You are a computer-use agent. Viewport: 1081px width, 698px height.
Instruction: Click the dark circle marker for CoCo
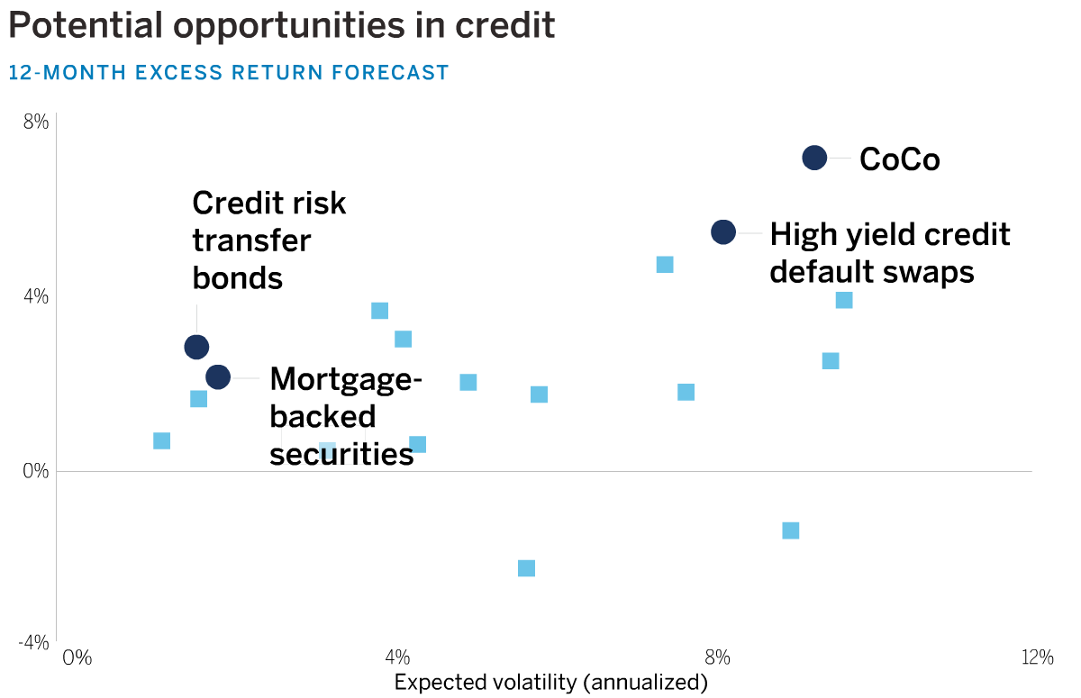pyautogui.click(x=814, y=158)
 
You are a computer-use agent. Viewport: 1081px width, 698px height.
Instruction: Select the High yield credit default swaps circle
pyautogui.click(x=722, y=232)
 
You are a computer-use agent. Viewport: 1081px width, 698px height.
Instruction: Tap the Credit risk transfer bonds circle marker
pyautogui.click(x=196, y=347)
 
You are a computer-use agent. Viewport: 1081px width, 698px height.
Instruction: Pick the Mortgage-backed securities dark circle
pyautogui.click(x=218, y=376)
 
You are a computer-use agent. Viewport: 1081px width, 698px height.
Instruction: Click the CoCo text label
pyautogui.click(x=900, y=159)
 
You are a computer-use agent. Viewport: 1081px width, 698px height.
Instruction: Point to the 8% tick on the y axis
pyautogui.click(x=36, y=122)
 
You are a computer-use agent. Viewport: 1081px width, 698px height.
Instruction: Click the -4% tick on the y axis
pyautogui.click(x=33, y=643)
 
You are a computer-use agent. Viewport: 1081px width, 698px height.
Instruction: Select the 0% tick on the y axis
pyautogui.click(x=36, y=471)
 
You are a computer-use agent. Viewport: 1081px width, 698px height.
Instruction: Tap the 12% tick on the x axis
pyautogui.click(x=1037, y=657)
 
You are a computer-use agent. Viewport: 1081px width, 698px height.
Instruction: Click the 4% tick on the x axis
pyautogui.click(x=397, y=657)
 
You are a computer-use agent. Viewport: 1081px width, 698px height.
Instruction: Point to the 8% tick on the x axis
pyautogui.click(x=717, y=657)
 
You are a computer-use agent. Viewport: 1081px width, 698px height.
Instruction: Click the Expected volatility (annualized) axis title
pyautogui.click(x=551, y=683)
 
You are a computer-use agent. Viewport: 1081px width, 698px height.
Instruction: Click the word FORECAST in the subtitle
pyautogui.click(x=390, y=73)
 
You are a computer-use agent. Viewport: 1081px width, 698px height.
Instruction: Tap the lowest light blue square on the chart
pyautogui.click(x=526, y=568)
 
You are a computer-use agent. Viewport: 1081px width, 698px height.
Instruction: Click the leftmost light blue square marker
pyautogui.click(x=161, y=440)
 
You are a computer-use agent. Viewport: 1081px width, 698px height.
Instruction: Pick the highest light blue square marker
pyautogui.click(x=665, y=265)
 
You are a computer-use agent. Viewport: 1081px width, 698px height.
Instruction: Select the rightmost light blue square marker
pyautogui.click(x=844, y=300)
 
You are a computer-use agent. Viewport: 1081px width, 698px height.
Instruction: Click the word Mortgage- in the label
pyautogui.click(x=346, y=380)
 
